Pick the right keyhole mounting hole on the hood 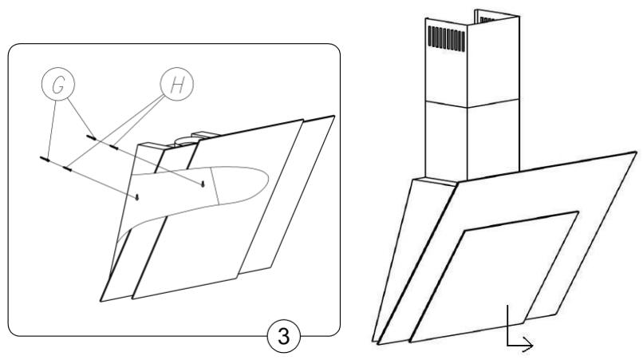pos(204,184)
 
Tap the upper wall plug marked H pos(114,146)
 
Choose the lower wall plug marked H pos(67,168)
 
